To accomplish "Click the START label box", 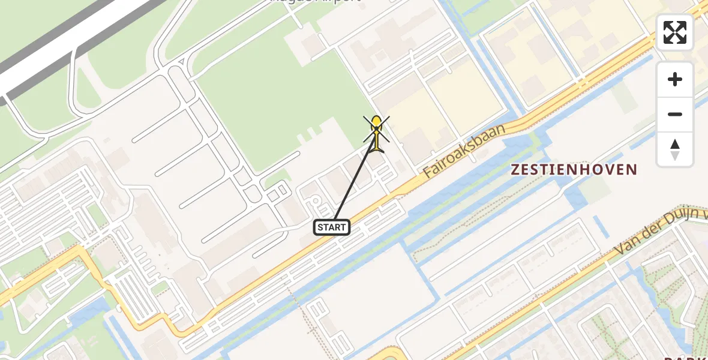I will coord(331,227).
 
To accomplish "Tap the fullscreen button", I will coord(675,32).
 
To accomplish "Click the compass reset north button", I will coord(675,149).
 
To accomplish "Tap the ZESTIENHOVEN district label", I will coord(573,170).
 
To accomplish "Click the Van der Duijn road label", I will coord(660,230).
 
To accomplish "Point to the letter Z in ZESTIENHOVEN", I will coord(515,170).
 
